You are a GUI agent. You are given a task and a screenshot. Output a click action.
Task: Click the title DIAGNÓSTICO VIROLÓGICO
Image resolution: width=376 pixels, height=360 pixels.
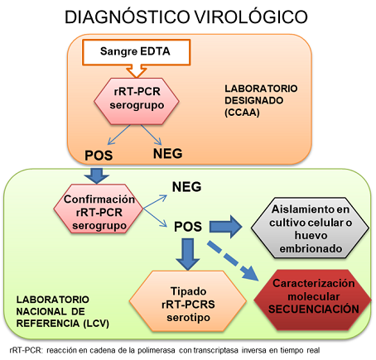(x=188, y=16)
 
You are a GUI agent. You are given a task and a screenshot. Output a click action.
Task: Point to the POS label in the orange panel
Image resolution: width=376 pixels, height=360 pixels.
(x=101, y=155)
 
